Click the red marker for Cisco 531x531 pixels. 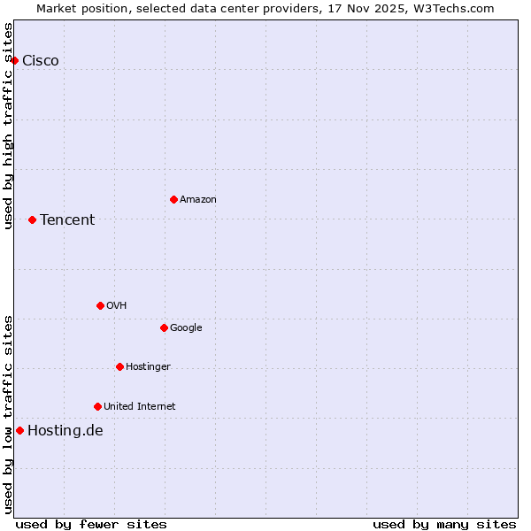click(15, 60)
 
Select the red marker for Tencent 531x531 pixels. click(32, 219)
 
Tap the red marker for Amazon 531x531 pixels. click(173, 199)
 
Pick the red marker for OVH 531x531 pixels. click(100, 305)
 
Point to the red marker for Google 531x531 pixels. click(164, 327)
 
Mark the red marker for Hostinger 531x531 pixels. click(119, 366)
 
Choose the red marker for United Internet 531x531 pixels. click(97, 406)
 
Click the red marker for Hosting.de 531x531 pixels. click(19, 430)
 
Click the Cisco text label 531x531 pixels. click(41, 60)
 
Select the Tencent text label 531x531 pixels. click(67, 219)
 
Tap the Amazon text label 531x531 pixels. click(198, 199)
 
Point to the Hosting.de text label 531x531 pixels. click(65, 430)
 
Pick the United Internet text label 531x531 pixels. click(140, 406)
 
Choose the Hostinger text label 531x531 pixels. click(148, 366)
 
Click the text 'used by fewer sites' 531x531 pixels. click(91, 524)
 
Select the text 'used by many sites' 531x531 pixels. click(444, 524)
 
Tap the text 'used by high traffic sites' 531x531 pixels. click(8, 126)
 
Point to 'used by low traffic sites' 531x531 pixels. click(8, 414)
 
